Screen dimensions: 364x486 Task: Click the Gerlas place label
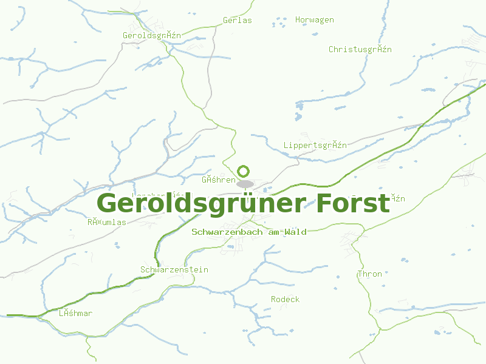pos(237,20)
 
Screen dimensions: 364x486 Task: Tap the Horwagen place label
pos(314,20)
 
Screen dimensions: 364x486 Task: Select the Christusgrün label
pos(360,49)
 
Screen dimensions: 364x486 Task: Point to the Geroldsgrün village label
pos(151,35)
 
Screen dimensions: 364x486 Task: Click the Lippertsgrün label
pos(315,145)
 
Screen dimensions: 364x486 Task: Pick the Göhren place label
pos(218,180)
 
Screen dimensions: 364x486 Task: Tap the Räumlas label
pos(106,222)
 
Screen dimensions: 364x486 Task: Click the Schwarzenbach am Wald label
pos(248,232)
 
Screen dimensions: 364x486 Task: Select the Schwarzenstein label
pos(174,269)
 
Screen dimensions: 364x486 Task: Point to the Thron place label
pos(369,274)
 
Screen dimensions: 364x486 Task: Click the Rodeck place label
pos(285,299)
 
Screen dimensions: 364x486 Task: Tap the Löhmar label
pos(75,313)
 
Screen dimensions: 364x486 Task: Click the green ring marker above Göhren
pos(244,171)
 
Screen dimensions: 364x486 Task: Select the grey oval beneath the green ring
pos(245,184)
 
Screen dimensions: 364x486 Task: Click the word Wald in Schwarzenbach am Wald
pos(296,232)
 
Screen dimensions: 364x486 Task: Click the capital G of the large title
pos(108,203)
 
